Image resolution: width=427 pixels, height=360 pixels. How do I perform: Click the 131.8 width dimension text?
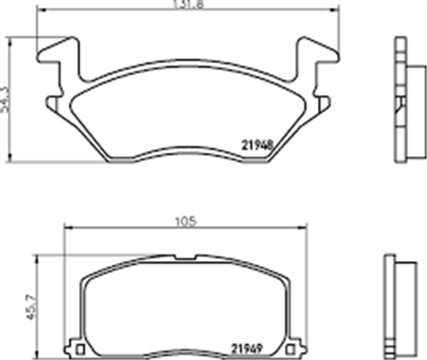click(x=188, y=5)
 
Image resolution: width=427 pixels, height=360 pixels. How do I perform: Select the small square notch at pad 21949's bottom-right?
click(x=295, y=349)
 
